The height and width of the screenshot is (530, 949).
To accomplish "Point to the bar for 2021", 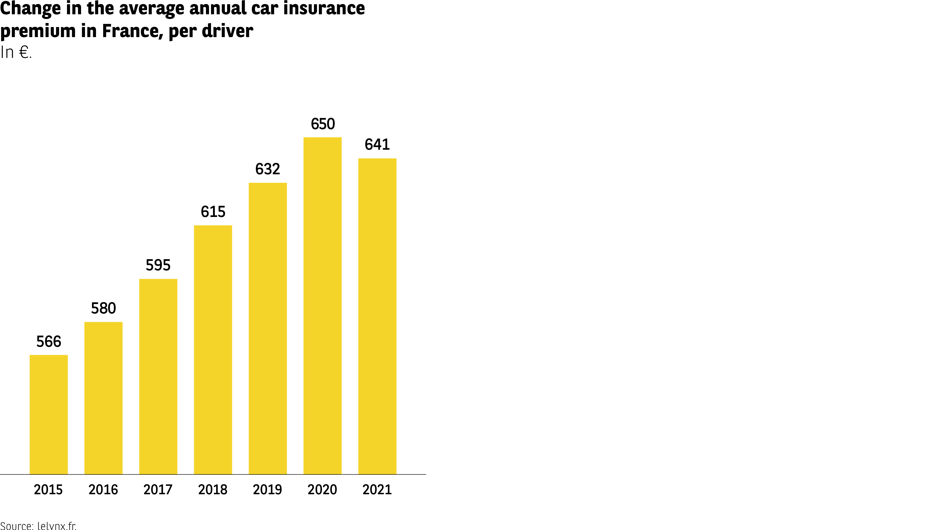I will [x=377, y=316].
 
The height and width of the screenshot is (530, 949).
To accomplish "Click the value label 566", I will [x=49, y=342].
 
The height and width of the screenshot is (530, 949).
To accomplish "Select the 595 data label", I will [x=158, y=265].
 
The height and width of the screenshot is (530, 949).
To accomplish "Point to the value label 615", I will [x=213, y=212].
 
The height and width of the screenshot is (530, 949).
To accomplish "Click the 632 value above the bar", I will [x=268, y=169].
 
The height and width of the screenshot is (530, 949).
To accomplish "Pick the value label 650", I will [x=323, y=124].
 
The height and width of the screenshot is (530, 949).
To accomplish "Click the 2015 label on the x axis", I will [x=48, y=490].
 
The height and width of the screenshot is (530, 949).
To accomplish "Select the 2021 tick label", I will [x=377, y=490].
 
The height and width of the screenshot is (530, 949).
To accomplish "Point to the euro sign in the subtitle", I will [x=24, y=52].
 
